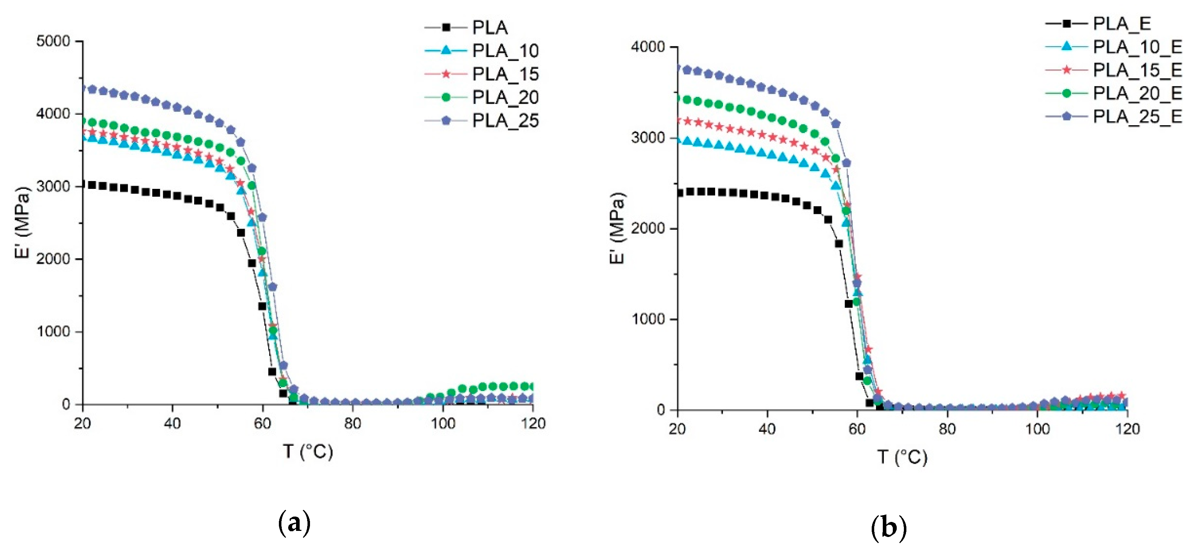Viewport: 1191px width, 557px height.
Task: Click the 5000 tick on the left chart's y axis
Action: pos(53,41)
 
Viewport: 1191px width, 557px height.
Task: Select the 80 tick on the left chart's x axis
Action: pos(353,423)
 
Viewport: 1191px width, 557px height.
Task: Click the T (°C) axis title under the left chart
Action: pos(308,451)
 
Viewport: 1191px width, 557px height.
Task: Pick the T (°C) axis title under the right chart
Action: pos(902,457)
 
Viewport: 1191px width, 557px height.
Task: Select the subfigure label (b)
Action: pos(888,527)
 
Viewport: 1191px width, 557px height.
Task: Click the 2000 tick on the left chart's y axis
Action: pos(53,259)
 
